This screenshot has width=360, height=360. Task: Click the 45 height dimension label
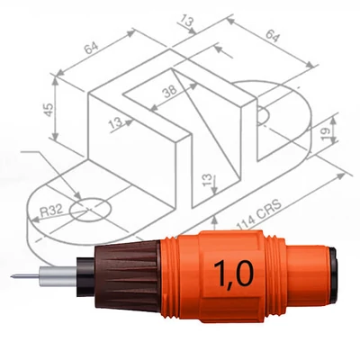pyautogui.click(x=49, y=108)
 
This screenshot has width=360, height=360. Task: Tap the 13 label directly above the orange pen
pyautogui.click(x=208, y=183)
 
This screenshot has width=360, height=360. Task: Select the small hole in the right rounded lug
pyautogui.click(x=263, y=116)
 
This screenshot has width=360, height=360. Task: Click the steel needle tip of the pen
pyautogui.click(x=15, y=274)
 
